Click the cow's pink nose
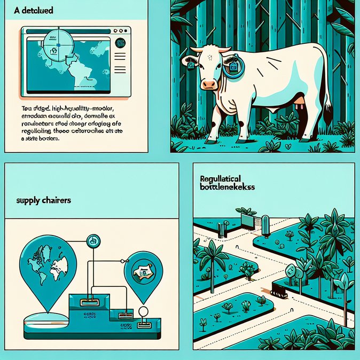point(210,84)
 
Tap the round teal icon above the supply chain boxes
point(93,242)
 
